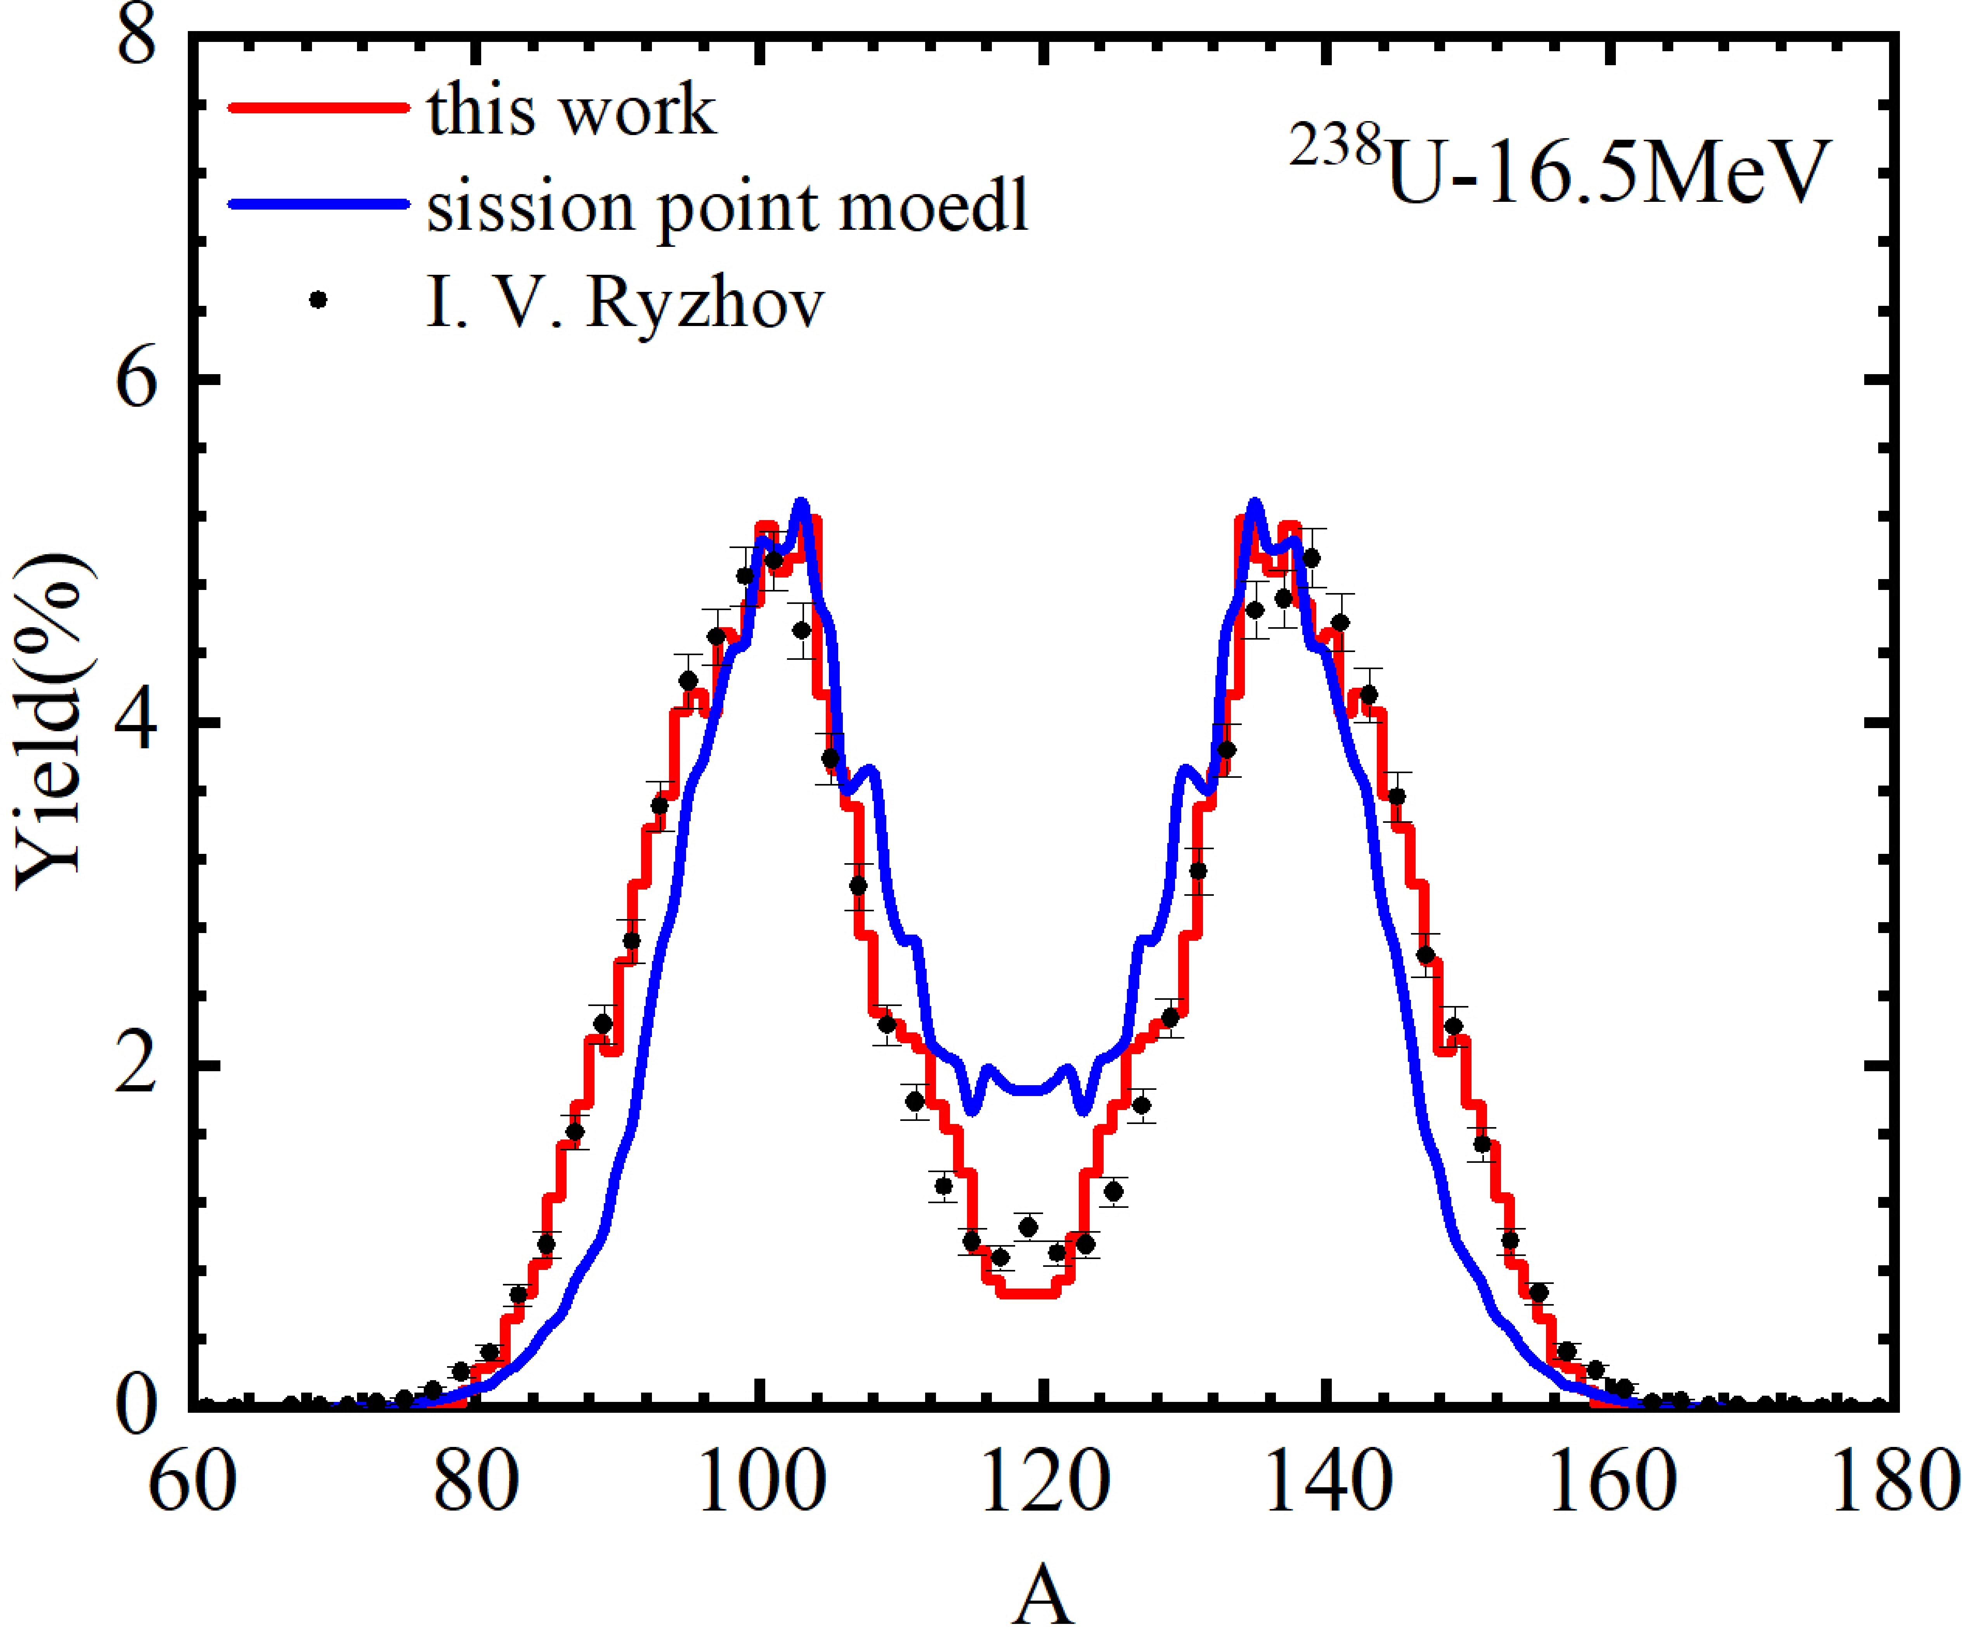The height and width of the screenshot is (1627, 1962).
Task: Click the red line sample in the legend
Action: coord(318,108)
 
